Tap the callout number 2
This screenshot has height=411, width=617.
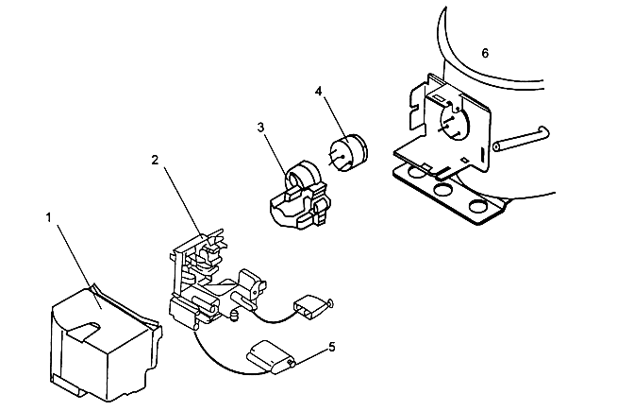pos(154,160)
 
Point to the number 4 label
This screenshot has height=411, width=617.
pos(319,92)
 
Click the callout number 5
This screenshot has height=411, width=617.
pos(332,348)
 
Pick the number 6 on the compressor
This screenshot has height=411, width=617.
pos(485,54)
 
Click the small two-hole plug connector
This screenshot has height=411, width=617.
pos(309,306)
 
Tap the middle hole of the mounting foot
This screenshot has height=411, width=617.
pos(440,191)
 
